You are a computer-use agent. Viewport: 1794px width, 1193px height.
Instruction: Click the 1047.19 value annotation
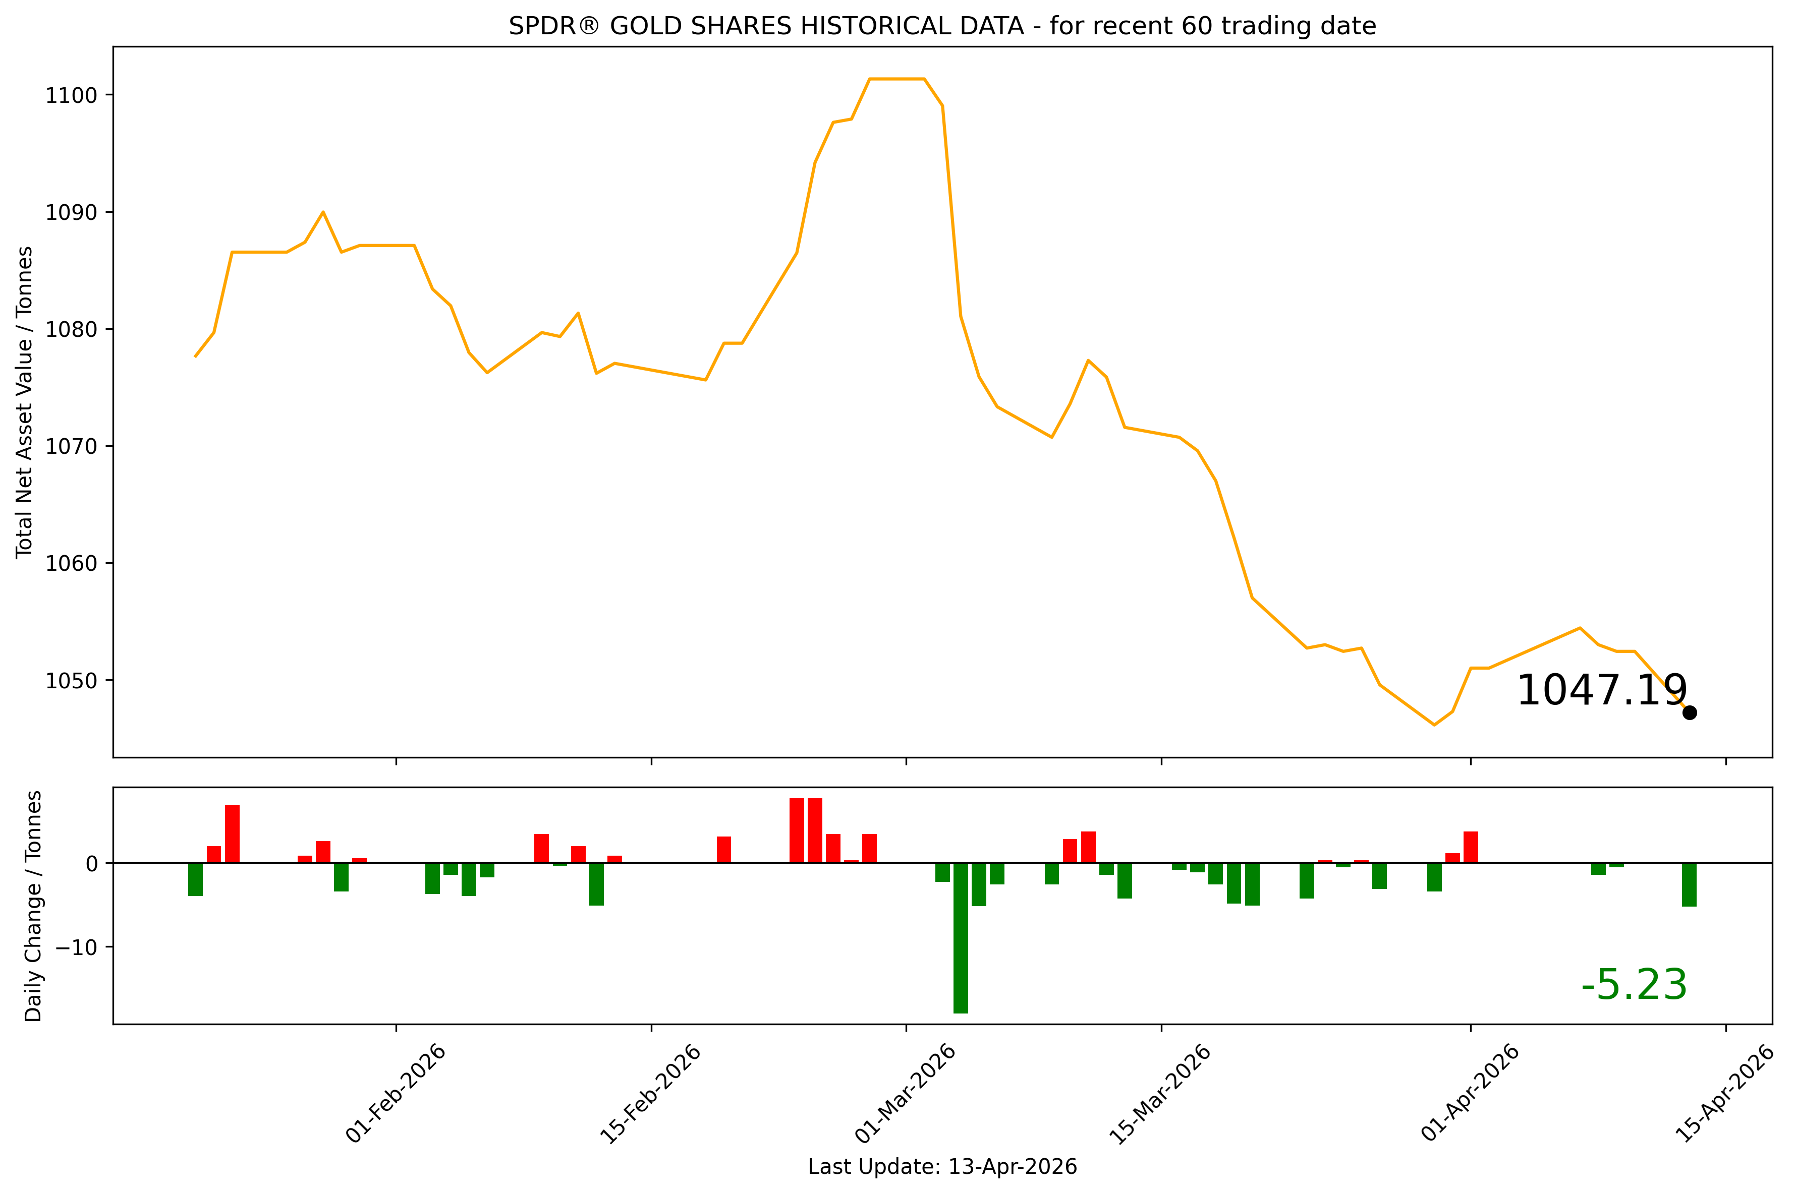click(1601, 691)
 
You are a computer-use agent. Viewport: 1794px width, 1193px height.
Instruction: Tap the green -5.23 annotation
click(1634, 985)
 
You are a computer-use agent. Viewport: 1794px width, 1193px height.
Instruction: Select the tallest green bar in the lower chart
click(961, 937)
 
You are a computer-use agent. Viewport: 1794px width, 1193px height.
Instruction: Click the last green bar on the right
click(1689, 884)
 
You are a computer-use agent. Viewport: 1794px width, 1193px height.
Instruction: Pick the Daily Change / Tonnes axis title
click(33, 906)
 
